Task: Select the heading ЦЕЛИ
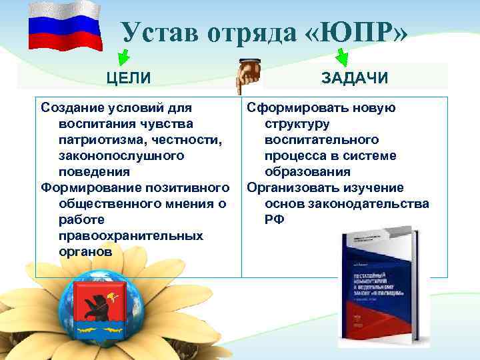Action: click(x=129, y=78)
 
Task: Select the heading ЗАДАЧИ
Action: click(x=355, y=78)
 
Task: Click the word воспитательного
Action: click(x=321, y=139)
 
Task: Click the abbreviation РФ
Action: click(x=274, y=219)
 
